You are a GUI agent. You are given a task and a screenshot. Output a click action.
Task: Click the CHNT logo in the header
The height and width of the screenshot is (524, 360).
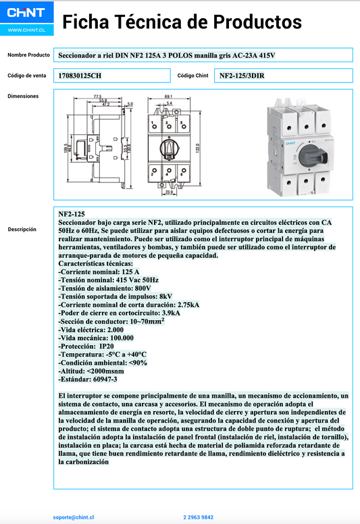pos(26,13)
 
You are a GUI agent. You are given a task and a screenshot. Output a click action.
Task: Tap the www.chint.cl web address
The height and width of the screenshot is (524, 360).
pos(26,30)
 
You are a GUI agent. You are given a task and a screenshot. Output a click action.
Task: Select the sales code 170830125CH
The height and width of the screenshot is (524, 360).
pos(80,76)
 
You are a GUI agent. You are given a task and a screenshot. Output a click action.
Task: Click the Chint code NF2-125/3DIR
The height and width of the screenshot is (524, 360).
pos(242,76)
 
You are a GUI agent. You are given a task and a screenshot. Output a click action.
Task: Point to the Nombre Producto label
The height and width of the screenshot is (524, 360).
pos(28,55)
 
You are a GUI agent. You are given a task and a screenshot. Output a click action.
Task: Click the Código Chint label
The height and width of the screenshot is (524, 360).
pos(192,76)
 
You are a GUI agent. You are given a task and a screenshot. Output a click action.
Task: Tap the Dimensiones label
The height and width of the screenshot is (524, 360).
pos(23,96)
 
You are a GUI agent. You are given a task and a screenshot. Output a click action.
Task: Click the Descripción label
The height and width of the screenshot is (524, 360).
pos(22,230)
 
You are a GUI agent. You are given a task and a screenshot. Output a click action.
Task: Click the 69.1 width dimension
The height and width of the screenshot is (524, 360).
pos(169,97)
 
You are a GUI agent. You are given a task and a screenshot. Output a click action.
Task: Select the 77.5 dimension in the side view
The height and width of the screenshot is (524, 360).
pos(98,97)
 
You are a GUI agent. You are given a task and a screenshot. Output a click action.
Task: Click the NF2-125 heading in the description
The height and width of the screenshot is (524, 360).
pos(72,213)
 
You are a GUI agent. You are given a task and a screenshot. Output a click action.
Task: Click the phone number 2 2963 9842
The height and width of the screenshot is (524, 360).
pos(198,517)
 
